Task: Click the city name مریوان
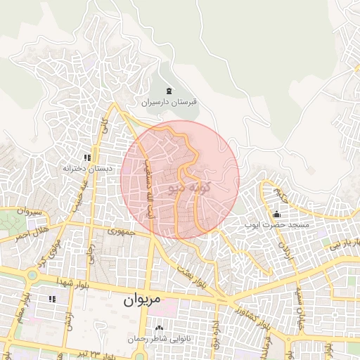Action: pyautogui.click(x=143, y=300)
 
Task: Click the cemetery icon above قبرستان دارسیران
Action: pyautogui.click(x=169, y=91)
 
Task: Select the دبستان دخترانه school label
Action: pyautogui.click(x=88, y=169)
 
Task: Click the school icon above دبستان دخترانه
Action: pyautogui.click(x=88, y=158)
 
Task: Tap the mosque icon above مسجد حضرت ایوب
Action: pyautogui.click(x=277, y=214)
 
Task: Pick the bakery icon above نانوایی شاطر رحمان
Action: pyautogui.click(x=159, y=328)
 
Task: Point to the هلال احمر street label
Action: pyautogui.click(x=31, y=233)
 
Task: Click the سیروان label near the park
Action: pyautogui.click(x=32, y=212)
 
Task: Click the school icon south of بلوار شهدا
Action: pyautogui.click(x=51, y=299)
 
